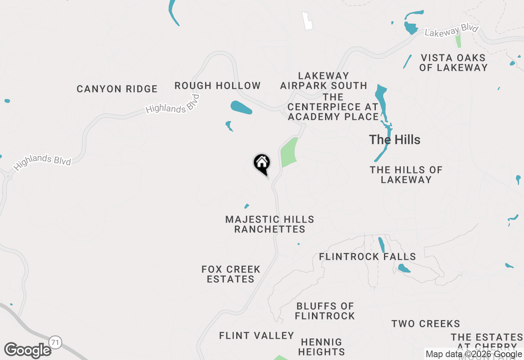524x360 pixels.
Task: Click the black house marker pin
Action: coord(262,164)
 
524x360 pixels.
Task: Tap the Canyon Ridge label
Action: coord(117,89)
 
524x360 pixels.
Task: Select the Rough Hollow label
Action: coord(217,85)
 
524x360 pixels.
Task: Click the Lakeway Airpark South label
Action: coord(323,81)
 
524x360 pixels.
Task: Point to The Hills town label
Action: coord(395,139)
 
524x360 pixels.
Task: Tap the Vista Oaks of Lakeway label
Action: coord(453,63)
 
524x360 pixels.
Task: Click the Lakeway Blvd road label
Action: coord(451,31)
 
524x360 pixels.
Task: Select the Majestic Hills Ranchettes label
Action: coord(270,224)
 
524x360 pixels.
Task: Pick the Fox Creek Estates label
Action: coord(231,274)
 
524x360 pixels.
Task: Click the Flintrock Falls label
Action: coord(367,256)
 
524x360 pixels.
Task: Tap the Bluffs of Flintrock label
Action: coord(325,311)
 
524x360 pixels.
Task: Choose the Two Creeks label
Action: coord(426,324)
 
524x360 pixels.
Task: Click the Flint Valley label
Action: coord(257,335)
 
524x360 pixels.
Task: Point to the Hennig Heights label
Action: coord(321,346)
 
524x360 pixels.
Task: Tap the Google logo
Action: coord(28,350)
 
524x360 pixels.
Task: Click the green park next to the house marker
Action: coord(289,152)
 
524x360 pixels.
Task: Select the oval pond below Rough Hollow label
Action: coord(241,107)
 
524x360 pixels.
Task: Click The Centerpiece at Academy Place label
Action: coord(333,107)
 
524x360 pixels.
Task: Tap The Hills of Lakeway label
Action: coord(406,174)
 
